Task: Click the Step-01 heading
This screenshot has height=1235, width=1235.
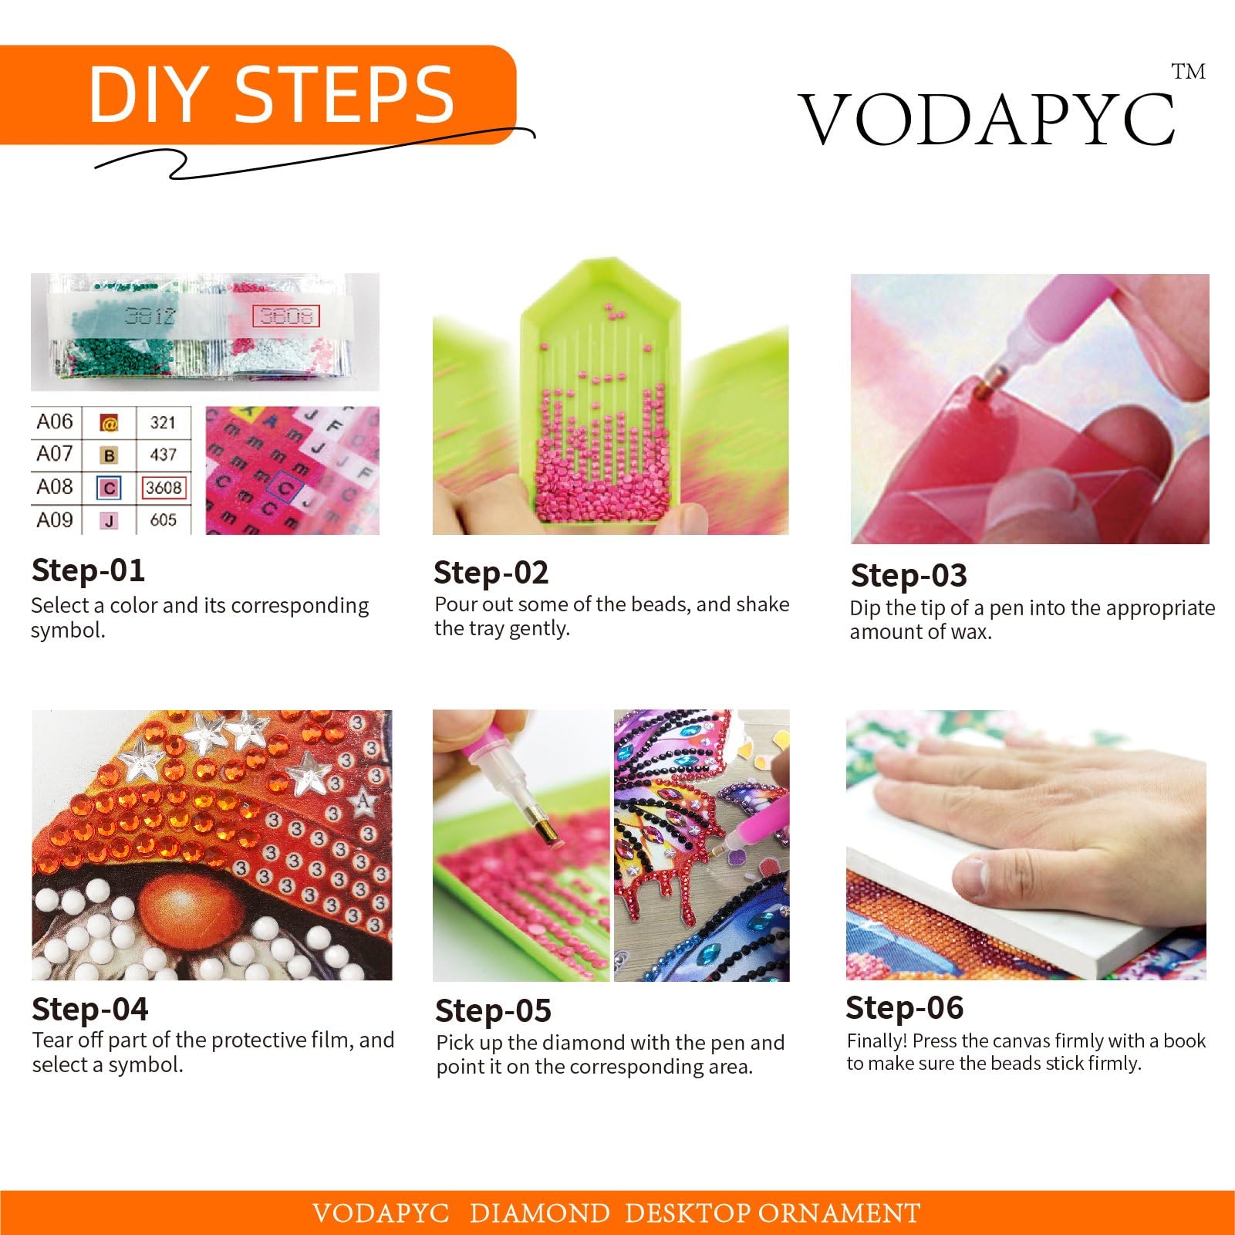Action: click(88, 570)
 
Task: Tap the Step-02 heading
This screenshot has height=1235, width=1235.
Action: click(491, 573)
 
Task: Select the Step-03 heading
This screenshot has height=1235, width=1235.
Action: click(909, 576)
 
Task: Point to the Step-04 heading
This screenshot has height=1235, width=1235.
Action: click(90, 1009)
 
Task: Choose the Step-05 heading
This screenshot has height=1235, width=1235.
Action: click(494, 1010)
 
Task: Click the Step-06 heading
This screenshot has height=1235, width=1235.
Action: click(905, 1007)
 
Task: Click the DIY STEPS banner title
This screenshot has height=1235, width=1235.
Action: click(272, 94)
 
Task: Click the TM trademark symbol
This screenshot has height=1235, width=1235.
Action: click(1189, 72)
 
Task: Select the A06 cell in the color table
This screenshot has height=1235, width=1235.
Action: click(54, 421)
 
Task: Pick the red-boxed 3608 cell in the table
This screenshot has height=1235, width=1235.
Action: click(164, 488)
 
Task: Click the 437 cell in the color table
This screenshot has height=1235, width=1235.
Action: click(163, 455)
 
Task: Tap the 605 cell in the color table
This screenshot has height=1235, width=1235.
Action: click(163, 520)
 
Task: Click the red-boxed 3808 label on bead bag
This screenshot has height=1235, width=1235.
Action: click(285, 316)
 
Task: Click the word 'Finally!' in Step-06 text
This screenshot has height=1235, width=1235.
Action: click(877, 1041)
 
